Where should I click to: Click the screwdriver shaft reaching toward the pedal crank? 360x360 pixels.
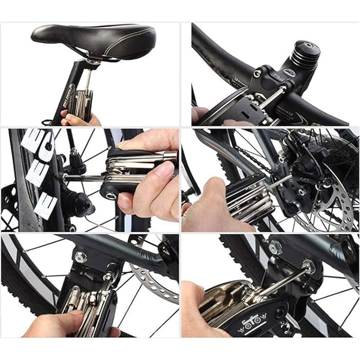[84, 178]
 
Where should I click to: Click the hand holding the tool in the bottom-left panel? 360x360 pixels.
[60, 324]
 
